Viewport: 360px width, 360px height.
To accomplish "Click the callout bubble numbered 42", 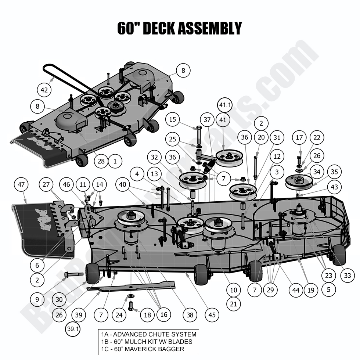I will tap(44, 90).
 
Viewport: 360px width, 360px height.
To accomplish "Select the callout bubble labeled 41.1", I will tap(225, 105).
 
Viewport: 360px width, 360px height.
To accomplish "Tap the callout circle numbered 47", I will tap(21, 184).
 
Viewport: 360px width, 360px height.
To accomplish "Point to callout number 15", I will tap(173, 119).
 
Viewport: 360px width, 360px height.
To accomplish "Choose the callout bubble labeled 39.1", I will tap(72, 329).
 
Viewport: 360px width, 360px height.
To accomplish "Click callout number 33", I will tap(348, 275).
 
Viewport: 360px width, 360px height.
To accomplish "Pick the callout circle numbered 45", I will tap(212, 315).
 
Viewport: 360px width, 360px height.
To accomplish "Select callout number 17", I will tap(299, 138).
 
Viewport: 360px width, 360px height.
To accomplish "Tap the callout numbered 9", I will tap(37, 299).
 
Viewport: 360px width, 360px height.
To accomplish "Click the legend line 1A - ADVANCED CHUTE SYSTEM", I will tap(148, 334).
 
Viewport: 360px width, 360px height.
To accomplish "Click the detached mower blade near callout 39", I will tap(130, 287).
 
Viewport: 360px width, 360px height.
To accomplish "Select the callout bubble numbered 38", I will tap(190, 315).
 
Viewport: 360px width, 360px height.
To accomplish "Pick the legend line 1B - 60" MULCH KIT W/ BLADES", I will tap(146, 342).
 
